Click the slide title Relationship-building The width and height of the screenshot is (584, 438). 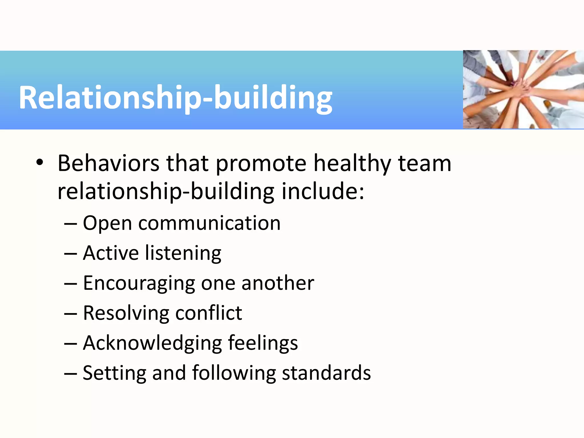[x=175, y=98]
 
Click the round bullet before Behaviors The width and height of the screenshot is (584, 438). [x=40, y=162]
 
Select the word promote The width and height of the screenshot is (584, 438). [x=261, y=164]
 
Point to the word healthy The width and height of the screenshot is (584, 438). [x=352, y=164]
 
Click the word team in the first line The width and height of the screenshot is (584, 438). [x=424, y=163]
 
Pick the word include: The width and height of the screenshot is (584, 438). [x=323, y=191]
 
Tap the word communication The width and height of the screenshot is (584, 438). [x=209, y=223]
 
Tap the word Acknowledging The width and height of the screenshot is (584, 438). [x=152, y=343]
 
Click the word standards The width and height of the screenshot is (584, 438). [x=326, y=373]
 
